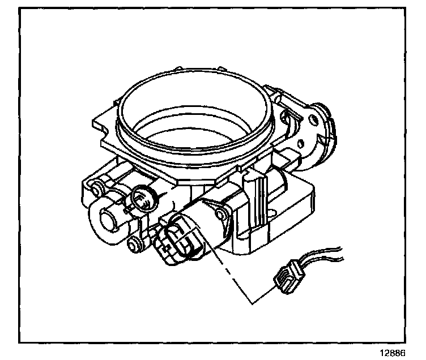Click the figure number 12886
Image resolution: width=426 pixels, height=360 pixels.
click(x=392, y=352)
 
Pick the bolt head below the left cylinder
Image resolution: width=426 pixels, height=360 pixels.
click(x=134, y=245)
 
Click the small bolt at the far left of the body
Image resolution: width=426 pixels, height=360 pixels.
click(x=93, y=187)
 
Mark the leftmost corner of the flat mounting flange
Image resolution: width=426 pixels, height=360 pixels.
click(x=93, y=122)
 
